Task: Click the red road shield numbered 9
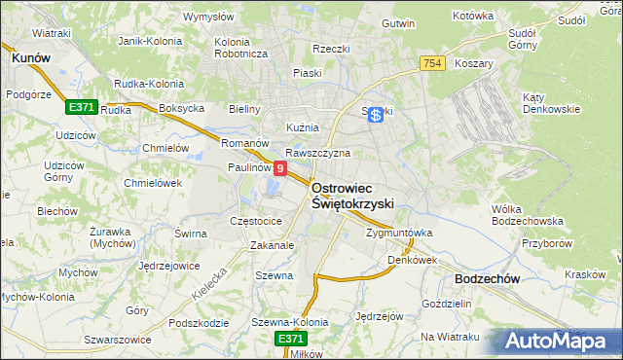(x=280, y=169)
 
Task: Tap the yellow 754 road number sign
(x=433, y=63)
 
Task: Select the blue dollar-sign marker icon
(x=377, y=114)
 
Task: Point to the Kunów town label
(x=30, y=58)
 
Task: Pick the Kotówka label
(x=474, y=17)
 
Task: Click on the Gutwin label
(x=398, y=23)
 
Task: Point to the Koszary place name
(x=474, y=62)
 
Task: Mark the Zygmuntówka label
(x=398, y=234)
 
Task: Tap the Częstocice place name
(x=255, y=221)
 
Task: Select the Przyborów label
(x=544, y=244)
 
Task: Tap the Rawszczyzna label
(x=317, y=153)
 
